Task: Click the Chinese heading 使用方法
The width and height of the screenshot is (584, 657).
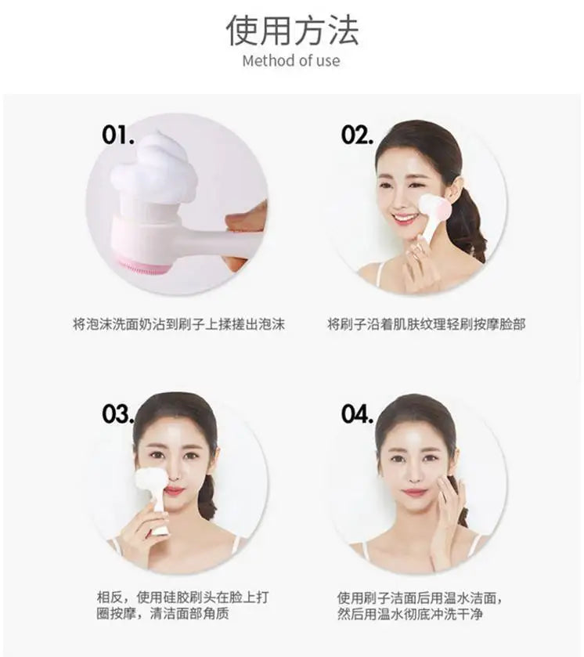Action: coord(292,29)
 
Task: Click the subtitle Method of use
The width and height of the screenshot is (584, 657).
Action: coord(291,61)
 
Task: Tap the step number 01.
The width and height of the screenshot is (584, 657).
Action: coord(118,135)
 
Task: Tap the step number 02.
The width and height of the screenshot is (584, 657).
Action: coord(357,135)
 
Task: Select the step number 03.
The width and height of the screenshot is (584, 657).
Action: coord(118,414)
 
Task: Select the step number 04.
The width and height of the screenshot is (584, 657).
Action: coord(357,414)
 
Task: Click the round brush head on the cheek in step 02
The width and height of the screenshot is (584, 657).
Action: coord(433,209)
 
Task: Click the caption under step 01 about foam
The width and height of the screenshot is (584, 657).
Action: coord(178,323)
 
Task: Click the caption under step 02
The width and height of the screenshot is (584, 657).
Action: coord(426,323)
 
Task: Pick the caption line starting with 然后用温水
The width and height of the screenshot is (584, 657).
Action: coord(409,615)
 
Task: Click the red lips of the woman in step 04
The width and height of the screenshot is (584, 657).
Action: coord(414,493)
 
